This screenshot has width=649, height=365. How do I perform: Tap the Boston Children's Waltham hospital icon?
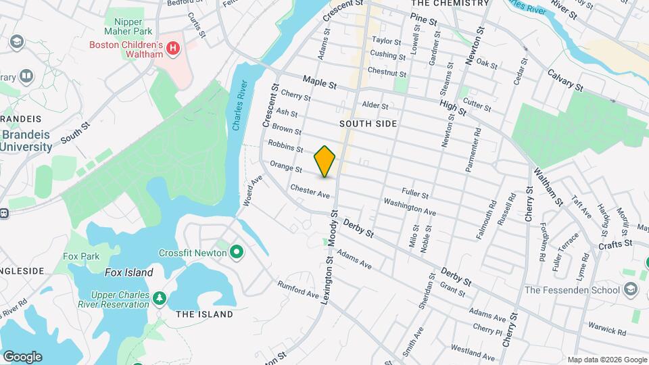coord(173,49)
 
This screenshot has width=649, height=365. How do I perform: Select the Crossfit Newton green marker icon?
coord(236,253)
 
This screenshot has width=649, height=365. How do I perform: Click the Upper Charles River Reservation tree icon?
coord(159,297)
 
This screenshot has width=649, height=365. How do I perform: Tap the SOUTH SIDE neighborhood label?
coord(368,124)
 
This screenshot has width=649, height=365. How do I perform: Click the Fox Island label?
coord(129,272)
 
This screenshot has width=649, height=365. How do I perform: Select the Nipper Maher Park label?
coord(123,26)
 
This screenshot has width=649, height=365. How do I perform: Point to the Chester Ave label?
coord(310,191)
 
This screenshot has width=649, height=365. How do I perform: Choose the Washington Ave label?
coord(410,206)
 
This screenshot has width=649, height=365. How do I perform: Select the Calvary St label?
coord(565,80)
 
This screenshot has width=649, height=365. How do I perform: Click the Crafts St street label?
coord(618,243)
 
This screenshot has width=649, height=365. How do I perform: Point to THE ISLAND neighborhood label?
coord(204,314)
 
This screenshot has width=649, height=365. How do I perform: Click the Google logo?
coord(22,356)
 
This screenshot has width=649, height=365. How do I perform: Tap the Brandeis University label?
coord(26,140)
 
